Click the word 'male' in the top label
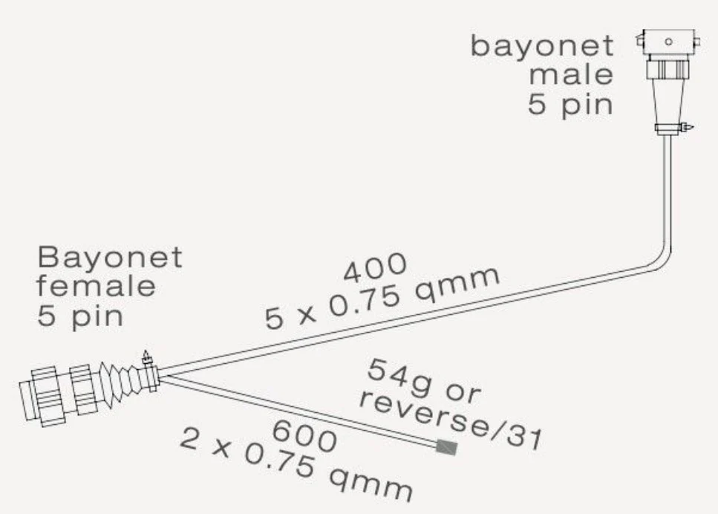pyautogui.click(x=570, y=75)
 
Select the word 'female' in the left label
pyautogui.click(x=96, y=287)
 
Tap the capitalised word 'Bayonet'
pyautogui.click(x=110, y=258)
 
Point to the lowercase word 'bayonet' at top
pyautogui.click(x=542, y=46)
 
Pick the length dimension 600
pyautogui.click(x=304, y=437)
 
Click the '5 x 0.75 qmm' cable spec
pyautogui.click(x=382, y=297)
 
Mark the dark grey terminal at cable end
pyautogui.click(x=447, y=446)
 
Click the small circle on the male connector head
pyautogui.click(x=668, y=42)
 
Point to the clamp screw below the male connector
pyautogui.click(x=688, y=127)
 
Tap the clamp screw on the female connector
pyautogui.click(x=146, y=358)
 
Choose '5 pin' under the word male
pyautogui.click(x=570, y=105)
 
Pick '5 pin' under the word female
pyautogui.click(x=80, y=316)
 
